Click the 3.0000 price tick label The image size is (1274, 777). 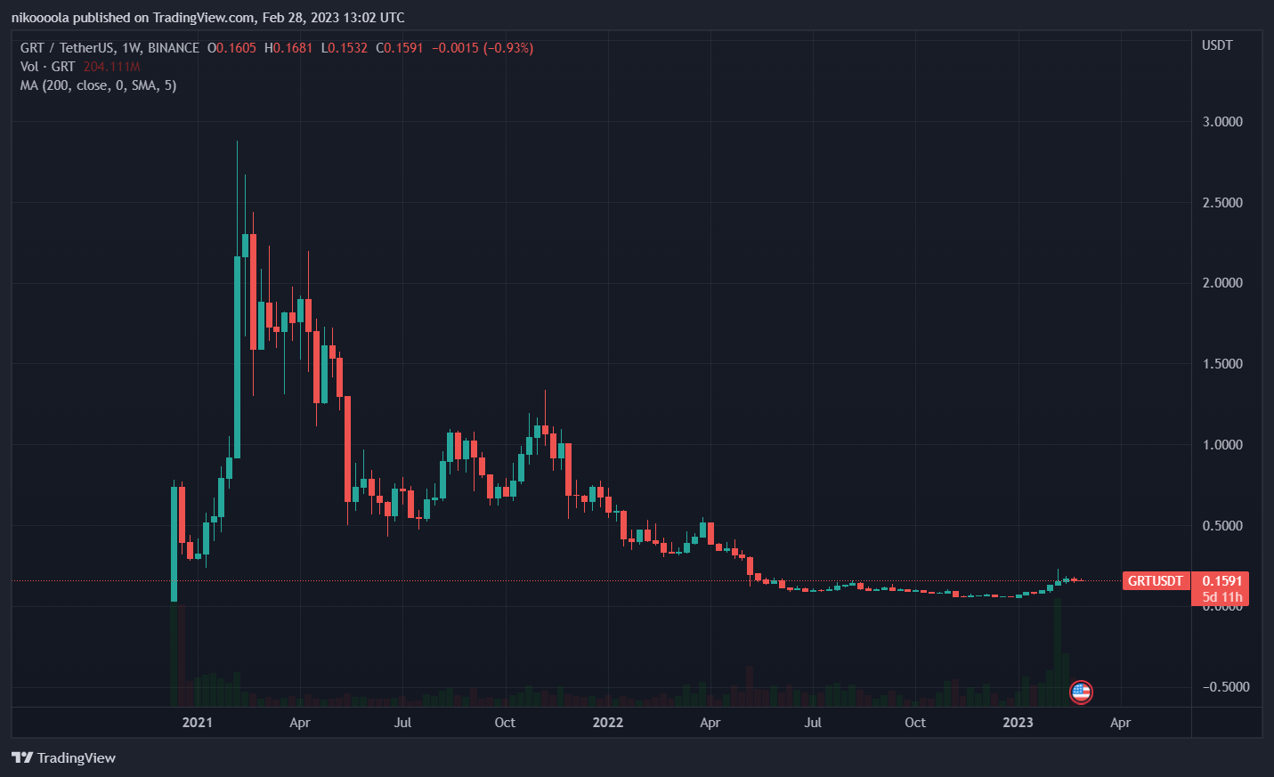[x=1221, y=122]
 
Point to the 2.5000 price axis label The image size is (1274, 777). [x=1221, y=203]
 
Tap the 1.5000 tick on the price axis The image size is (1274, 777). [x=1221, y=364]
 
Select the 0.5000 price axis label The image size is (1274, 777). [x=1221, y=526]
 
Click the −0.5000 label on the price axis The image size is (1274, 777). [x=1225, y=687]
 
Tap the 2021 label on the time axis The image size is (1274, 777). [x=197, y=723]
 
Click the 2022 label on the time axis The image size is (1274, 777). [x=608, y=723]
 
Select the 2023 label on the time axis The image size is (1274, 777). [x=1018, y=723]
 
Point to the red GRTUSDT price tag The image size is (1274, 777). [x=1155, y=581]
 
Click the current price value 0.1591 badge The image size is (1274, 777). [x=1221, y=581]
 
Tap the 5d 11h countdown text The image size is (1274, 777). [x=1221, y=597]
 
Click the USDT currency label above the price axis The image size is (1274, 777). [x=1217, y=45]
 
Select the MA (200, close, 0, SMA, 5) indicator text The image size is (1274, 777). [x=98, y=85]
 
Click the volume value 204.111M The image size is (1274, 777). [x=111, y=67]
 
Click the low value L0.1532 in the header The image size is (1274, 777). [x=344, y=48]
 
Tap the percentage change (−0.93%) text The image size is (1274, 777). [x=508, y=48]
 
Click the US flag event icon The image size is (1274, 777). [x=1081, y=692]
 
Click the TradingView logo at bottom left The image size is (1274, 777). [x=64, y=758]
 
